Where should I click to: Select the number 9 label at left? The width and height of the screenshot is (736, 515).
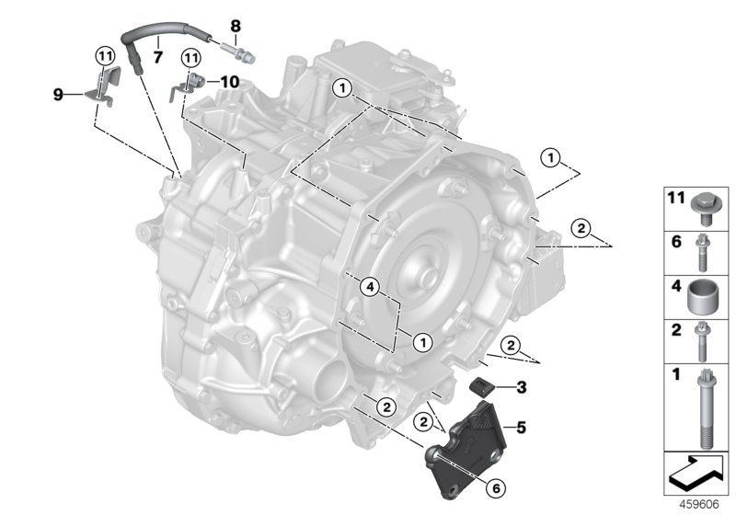coord(58,93)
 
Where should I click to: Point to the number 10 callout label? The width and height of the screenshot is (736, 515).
coord(229,82)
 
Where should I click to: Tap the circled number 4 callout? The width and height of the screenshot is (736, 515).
coord(368,288)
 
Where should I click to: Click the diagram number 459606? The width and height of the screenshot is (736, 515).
coord(700,505)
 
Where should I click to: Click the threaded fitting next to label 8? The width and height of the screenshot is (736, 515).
coord(236,45)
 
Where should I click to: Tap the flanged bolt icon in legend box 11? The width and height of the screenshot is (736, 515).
coord(703,202)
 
